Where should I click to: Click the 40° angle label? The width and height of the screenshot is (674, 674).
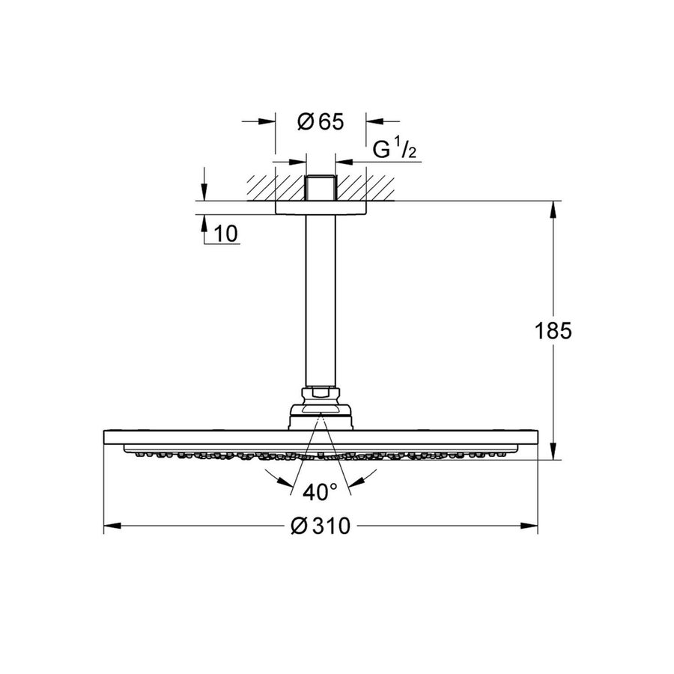click(320, 493)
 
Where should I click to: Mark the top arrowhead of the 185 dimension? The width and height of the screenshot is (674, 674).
click(553, 210)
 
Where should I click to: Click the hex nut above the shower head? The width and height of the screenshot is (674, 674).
click(321, 395)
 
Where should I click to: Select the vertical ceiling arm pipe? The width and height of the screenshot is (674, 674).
click(321, 300)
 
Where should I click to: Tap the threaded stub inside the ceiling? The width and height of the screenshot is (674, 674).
click(321, 187)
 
